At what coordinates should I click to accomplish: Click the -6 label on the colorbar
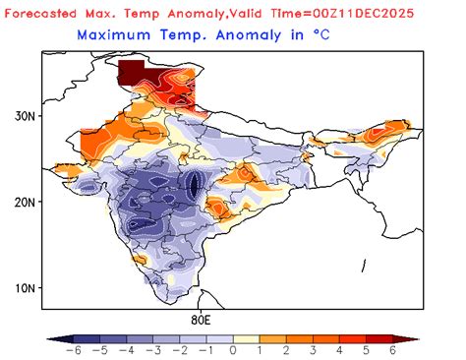point(71,350)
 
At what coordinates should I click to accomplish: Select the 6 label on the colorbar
point(393,350)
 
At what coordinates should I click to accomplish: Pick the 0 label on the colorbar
point(233,350)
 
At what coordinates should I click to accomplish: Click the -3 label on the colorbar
point(151,350)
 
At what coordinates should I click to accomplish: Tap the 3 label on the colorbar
point(313,350)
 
